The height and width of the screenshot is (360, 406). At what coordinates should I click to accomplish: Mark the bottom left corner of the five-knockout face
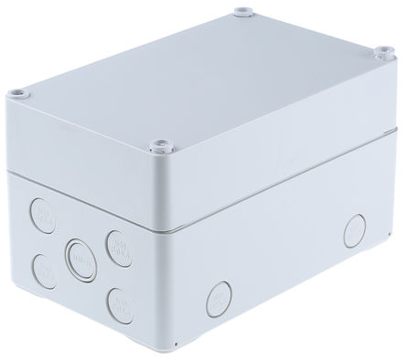[30, 302]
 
